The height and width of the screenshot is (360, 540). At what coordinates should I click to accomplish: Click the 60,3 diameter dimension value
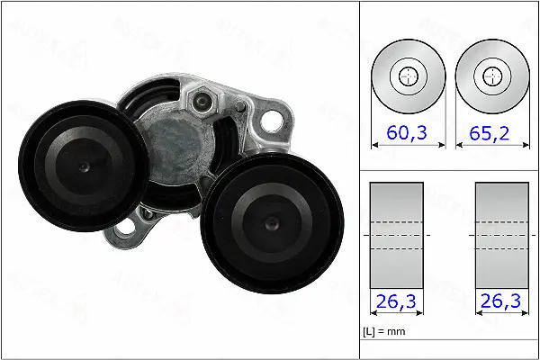[408, 133]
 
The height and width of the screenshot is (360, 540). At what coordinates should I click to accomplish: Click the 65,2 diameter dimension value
[489, 133]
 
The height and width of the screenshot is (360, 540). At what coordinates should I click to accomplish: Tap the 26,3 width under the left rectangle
[396, 302]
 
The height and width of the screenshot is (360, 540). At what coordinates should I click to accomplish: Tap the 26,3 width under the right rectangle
[500, 302]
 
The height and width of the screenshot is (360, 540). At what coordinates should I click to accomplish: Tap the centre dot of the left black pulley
[83, 168]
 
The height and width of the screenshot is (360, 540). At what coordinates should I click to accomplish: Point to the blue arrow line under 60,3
[408, 147]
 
